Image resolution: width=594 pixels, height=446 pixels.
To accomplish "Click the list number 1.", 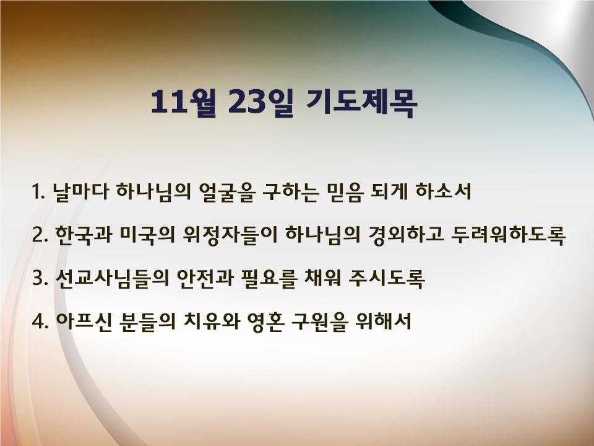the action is pyautogui.click(x=38, y=191).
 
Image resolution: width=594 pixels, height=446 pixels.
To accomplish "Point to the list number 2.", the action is pyautogui.click(x=40, y=235).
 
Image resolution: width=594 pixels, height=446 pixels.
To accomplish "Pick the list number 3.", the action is pyautogui.click(x=40, y=278).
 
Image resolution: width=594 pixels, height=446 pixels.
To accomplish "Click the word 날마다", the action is pyautogui.click(x=81, y=191).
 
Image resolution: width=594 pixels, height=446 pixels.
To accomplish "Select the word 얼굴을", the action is pyautogui.click(x=225, y=192).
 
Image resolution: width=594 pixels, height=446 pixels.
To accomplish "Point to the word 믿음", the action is pyautogui.click(x=344, y=192).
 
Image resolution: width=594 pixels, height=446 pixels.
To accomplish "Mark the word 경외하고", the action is pyautogui.click(x=406, y=235).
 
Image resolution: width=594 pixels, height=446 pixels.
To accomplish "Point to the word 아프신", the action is pyautogui.click(x=84, y=321).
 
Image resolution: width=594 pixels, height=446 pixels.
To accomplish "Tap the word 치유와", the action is pyautogui.click(x=212, y=321).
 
